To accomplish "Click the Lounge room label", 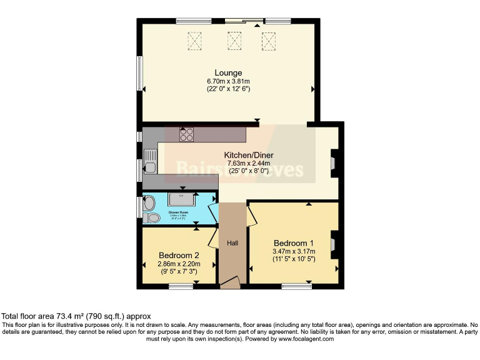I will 228,73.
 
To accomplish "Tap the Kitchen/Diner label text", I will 249,155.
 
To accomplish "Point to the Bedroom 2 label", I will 179,256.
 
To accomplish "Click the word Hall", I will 232,243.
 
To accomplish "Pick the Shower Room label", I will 179,212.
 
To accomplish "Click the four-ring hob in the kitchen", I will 186,134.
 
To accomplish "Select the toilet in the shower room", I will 151,217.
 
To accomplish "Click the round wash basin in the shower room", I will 148,202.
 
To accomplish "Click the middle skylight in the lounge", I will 234,41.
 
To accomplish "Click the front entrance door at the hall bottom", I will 229,284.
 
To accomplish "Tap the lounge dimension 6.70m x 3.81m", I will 228,81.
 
